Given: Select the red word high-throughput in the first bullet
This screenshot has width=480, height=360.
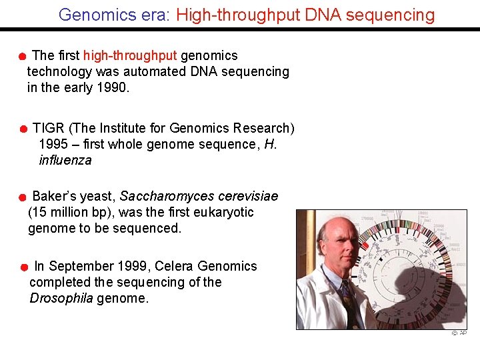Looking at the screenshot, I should pyautogui.click(x=130, y=55).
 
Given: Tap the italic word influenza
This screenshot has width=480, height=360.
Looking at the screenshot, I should pyautogui.click(x=65, y=160).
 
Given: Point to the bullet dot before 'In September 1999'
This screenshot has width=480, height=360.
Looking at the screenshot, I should pyautogui.click(x=23, y=268).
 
